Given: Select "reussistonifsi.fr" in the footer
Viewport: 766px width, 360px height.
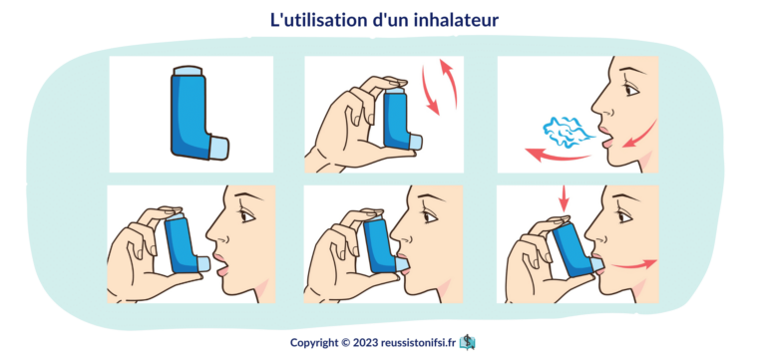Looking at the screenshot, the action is [419, 342].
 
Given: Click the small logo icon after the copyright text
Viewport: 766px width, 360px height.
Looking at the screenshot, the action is [468, 342].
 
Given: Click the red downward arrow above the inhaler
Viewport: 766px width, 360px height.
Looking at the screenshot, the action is [565, 198].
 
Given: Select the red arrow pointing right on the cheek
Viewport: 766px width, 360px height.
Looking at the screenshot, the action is [634, 264].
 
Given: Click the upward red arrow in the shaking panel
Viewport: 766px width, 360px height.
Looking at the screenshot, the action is [451, 82].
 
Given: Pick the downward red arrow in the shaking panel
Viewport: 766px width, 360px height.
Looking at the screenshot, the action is [429, 92].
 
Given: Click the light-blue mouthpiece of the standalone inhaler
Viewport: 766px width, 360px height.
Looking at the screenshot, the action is [218, 147].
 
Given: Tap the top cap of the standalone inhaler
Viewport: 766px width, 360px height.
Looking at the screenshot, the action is [189, 71].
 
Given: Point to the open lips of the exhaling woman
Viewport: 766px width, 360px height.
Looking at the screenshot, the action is [605, 138].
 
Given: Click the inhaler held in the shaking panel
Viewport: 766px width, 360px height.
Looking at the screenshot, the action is [401, 119].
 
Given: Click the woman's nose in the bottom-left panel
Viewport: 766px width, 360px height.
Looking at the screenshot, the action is [213, 233].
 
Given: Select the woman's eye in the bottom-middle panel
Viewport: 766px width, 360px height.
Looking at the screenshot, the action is [430, 216].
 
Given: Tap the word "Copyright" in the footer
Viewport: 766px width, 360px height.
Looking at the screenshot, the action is [313, 343].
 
